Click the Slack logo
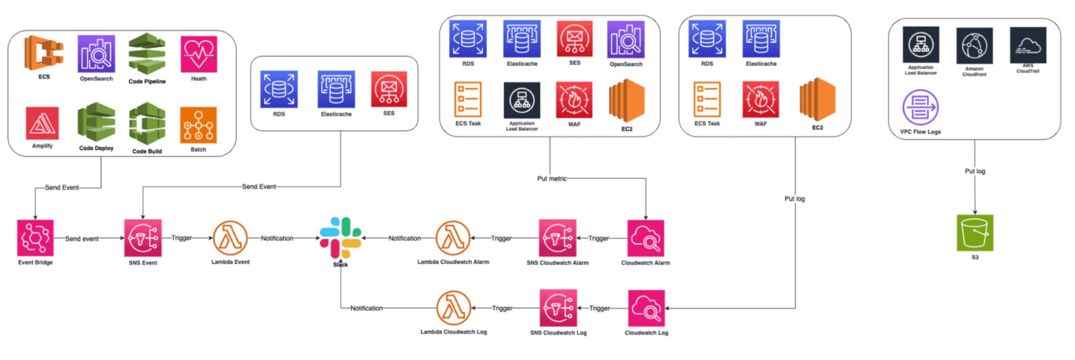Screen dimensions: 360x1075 tap(341, 238)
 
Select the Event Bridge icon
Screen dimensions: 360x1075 tap(35, 238)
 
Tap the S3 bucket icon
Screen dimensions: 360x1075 tap(975, 233)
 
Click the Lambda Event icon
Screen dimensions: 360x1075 tap(230, 238)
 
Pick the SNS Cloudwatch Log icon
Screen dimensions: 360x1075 tap(558, 308)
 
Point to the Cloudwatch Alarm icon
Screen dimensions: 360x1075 tap(646, 238)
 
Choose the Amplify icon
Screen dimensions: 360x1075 tap(42, 123)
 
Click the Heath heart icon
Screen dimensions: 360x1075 tap(199, 54)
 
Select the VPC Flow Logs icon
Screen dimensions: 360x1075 tap(920, 108)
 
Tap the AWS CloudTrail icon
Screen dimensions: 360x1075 tap(1028, 45)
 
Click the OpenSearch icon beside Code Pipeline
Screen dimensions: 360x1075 tap(96, 54)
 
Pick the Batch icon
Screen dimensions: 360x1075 tap(198, 125)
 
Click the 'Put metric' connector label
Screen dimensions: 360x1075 tap(552, 179)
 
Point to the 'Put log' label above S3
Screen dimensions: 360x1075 tap(975, 171)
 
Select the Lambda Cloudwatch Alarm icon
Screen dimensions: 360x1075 tap(453, 238)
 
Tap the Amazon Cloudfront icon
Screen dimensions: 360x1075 tap(974, 46)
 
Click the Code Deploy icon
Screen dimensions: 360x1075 tap(96, 122)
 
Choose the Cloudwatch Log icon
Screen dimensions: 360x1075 tap(646, 308)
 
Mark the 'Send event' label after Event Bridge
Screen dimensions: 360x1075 tap(82, 239)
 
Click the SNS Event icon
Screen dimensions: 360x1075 tap(143, 238)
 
